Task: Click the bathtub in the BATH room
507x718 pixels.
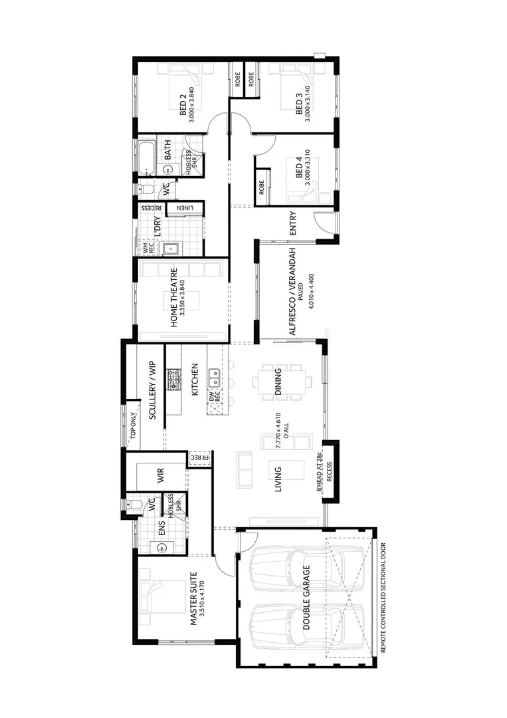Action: pos(146,156)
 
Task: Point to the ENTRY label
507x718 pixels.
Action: pos(292,223)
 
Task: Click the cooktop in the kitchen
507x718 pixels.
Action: pos(173,381)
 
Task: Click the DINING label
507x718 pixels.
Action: pos(278,382)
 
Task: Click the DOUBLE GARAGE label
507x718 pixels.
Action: pos(306,599)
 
